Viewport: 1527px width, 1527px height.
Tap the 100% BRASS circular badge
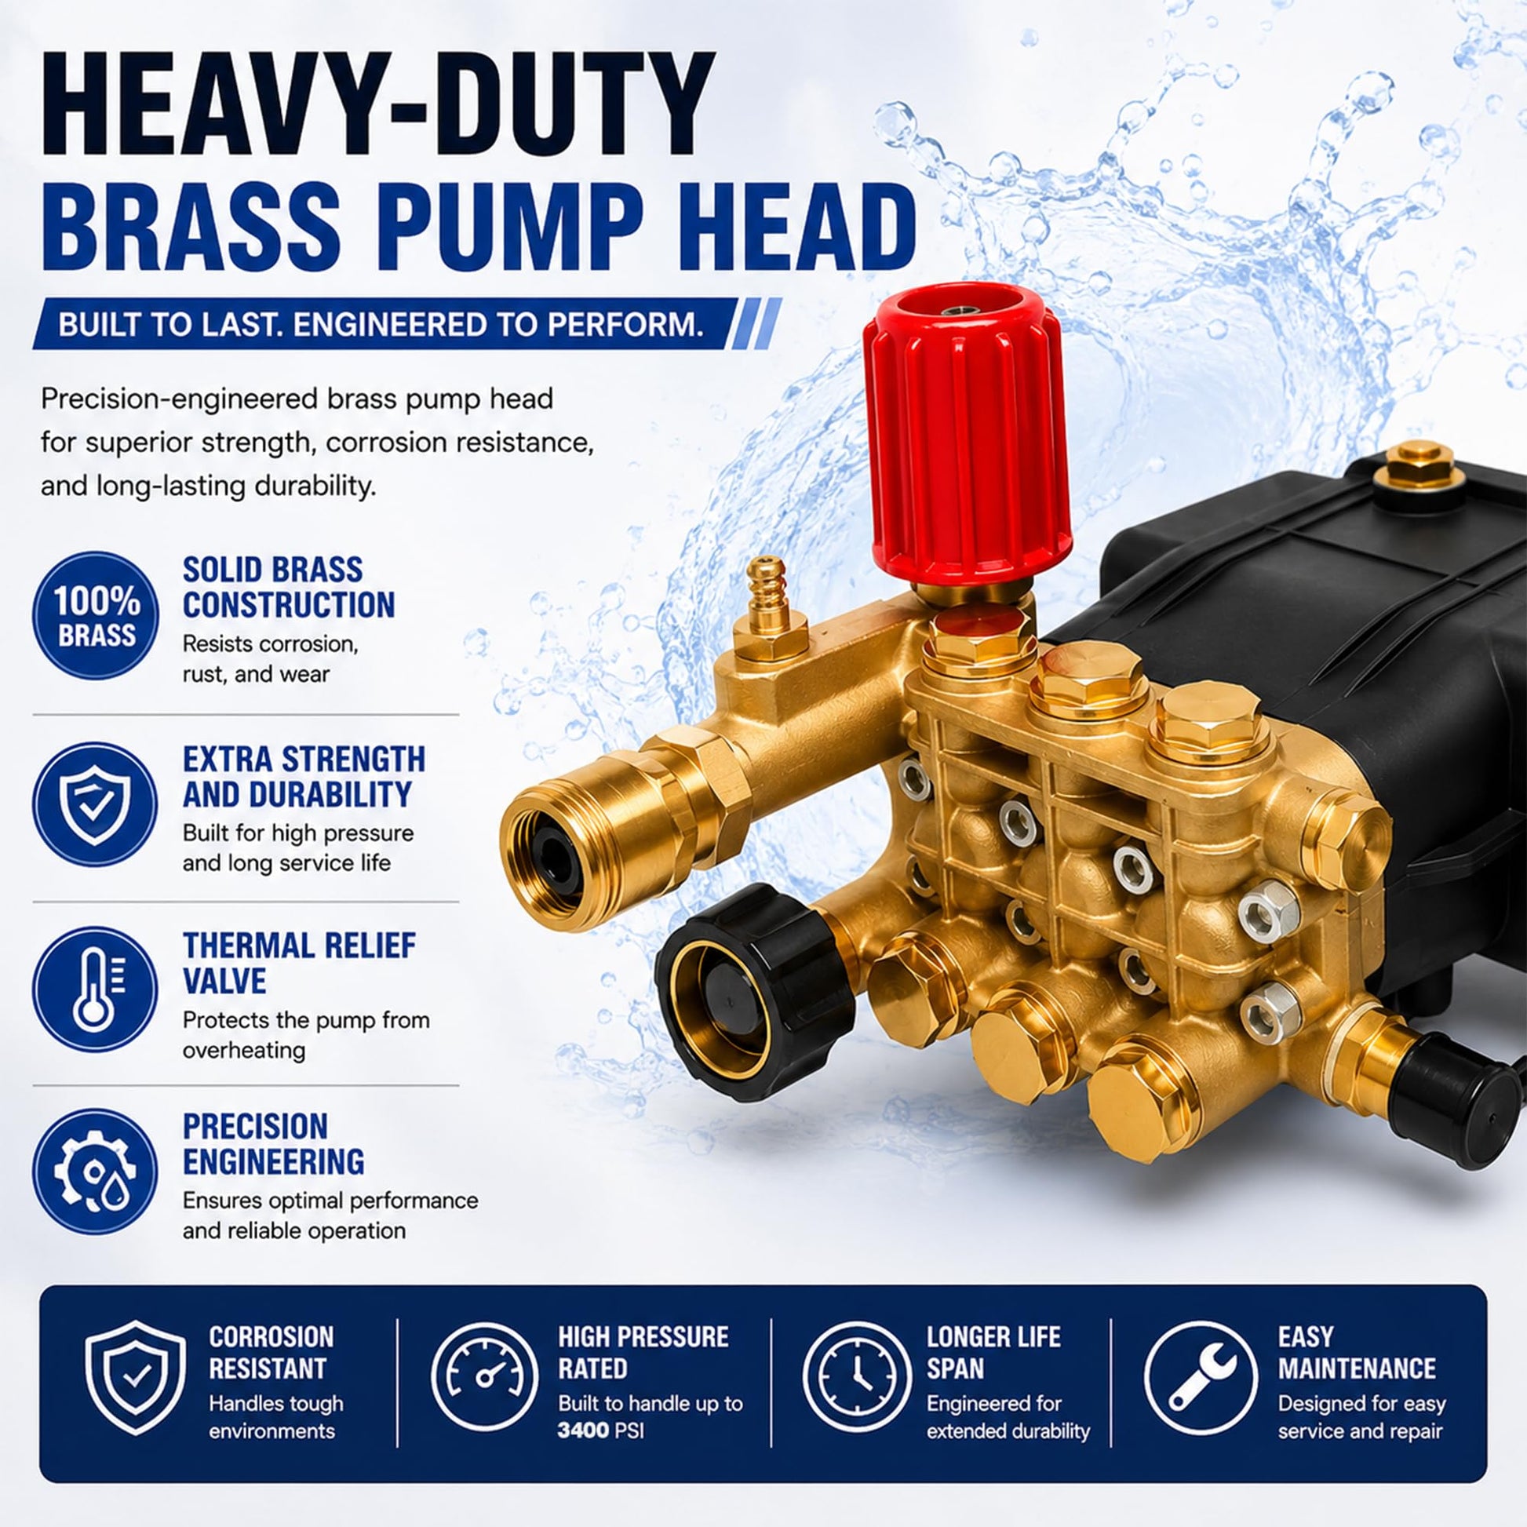96,614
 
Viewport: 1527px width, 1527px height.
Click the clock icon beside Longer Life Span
857,1378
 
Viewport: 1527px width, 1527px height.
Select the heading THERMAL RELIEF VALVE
300,964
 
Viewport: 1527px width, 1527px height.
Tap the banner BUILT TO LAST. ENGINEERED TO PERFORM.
380,325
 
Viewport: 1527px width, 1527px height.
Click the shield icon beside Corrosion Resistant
135,1378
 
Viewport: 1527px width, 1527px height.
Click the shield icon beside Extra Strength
96,803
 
